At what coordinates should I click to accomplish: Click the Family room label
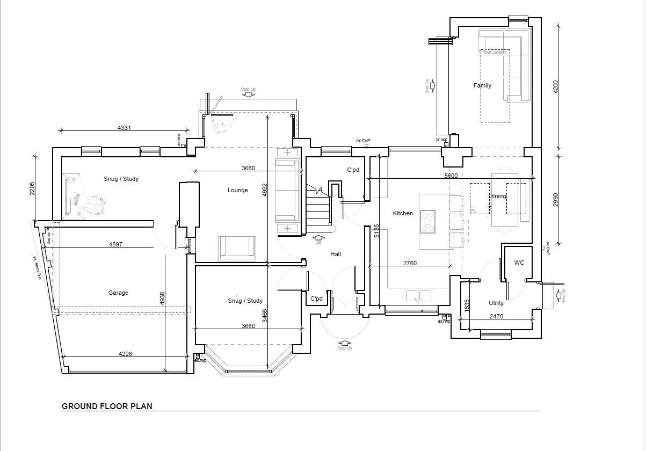pyautogui.click(x=482, y=85)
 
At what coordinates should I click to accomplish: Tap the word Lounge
pyautogui.click(x=237, y=190)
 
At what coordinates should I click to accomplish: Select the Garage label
pyautogui.click(x=118, y=293)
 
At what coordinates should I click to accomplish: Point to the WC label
pyautogui.click(x=519, y=263)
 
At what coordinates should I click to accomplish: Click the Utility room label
pyautogui.click(x=496, y=303)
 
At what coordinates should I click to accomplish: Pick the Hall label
pyautogui.click(x=336, y=254)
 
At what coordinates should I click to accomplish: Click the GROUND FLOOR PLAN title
pyautogui.click(x=107, y=406)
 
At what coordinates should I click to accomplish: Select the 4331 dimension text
pyautogui.click(x=124, y=128)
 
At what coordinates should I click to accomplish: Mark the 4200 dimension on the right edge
pyautogui.click(x=556, y=87)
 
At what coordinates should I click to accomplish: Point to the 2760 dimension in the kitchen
pyautogui.click(x=410, y=263)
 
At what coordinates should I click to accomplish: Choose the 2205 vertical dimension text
pyautogui.click(x=32, y=189)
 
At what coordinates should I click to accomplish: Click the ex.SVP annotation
pyautogui.click(x=363, y=141)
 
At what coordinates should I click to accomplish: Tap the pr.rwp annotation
pyautogui.click(x=441, y=140)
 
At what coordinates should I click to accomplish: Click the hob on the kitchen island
pyautogui.click(x=427, y=221)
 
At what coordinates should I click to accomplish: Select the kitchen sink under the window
pyautogui.click(x=419, y=295)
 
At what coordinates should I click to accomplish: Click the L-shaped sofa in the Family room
pyautogui.click(x=510, y=59)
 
